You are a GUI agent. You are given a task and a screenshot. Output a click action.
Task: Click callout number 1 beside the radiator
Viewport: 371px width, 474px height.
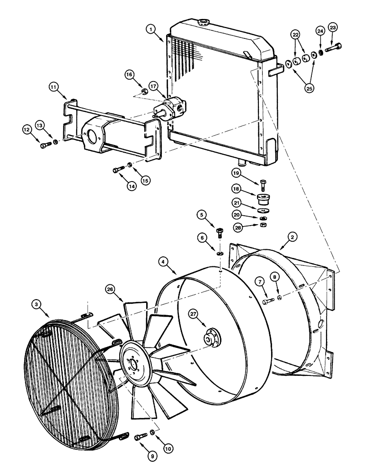point(151,29)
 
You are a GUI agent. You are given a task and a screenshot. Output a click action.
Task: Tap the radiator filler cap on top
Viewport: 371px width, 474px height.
point(204,22)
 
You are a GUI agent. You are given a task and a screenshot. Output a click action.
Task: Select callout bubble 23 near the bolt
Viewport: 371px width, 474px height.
point(333,28)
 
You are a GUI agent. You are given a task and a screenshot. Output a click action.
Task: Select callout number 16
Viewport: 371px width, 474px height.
point(130,74)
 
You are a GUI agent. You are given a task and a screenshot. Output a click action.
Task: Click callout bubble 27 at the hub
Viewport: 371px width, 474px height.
point(193,313)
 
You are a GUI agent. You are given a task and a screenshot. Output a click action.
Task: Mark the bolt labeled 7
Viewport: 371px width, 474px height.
point(267,301)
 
